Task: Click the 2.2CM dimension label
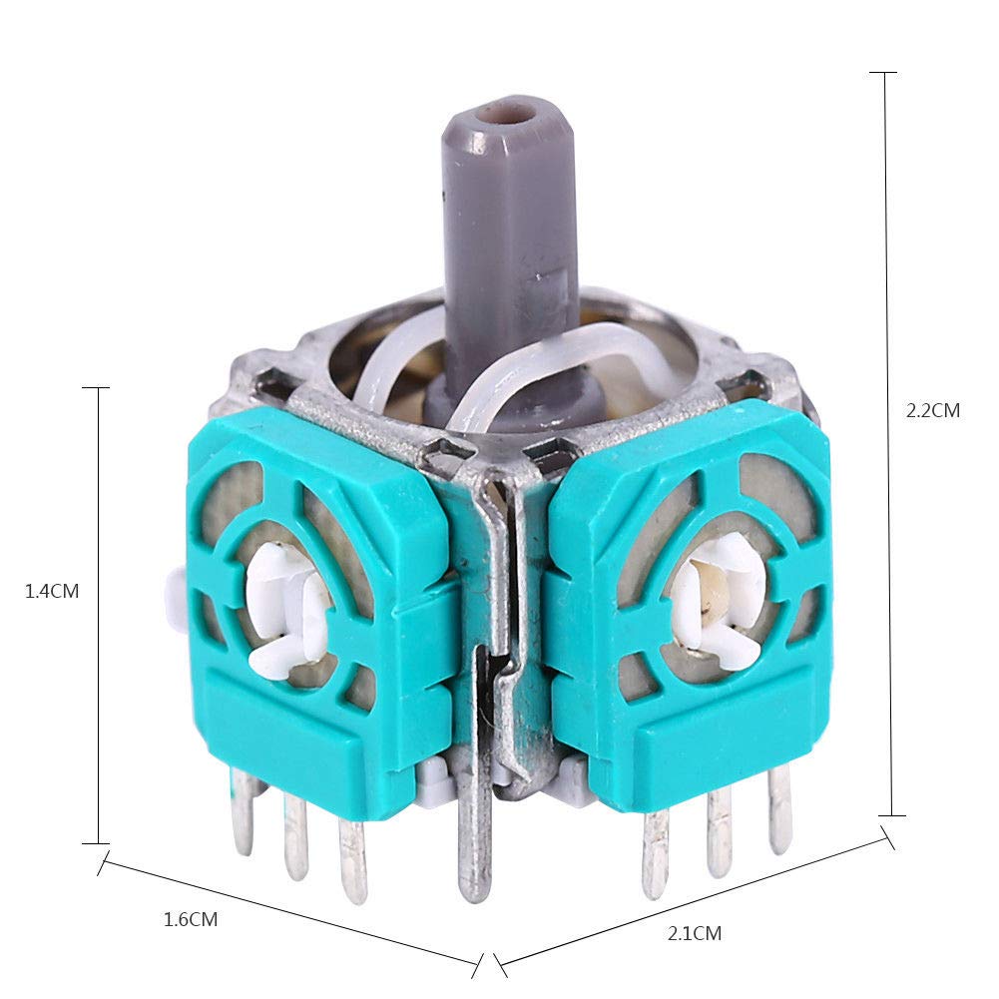tap(933, 410)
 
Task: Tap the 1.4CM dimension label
tap(52, 591)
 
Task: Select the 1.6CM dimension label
tap(191, 919)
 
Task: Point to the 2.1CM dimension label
tap(695, 933)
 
